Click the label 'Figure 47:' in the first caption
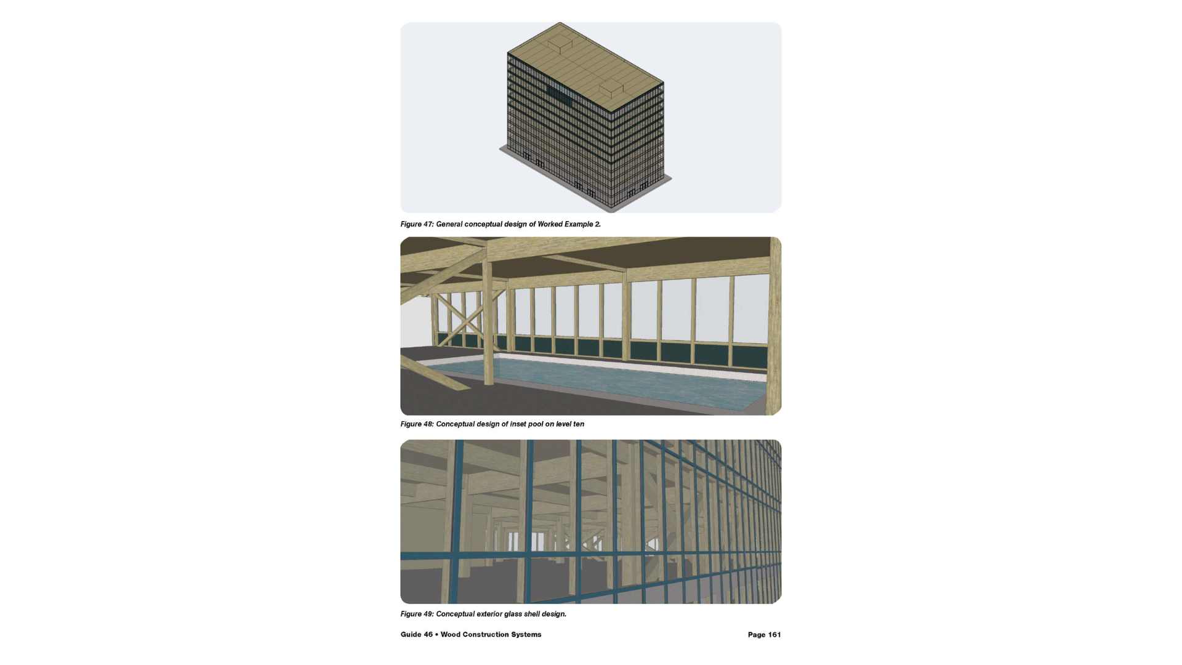[x=417, y=224]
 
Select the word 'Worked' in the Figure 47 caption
[x=550, y=224]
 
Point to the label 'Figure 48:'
[x=417, y=424]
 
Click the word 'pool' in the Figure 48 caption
[x=535, y=424]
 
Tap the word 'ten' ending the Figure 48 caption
[x=579, y=424]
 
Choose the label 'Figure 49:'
[x=417, y=614]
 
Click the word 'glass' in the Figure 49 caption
[x=513, y=614]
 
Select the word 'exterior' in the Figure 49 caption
[x=489, y=614]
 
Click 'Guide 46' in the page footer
[x=417, y=634]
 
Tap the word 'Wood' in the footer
[x=450, y=634]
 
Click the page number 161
[x=774, y=635]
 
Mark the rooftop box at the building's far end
[x=559, y=43]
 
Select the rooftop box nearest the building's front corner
[x=612, y=88]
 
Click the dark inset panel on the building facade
[x=560, y=96]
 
